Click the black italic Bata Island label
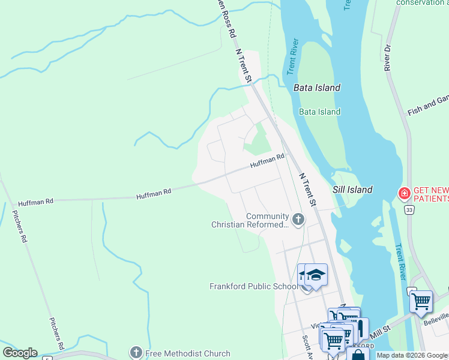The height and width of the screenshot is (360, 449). [317, 88]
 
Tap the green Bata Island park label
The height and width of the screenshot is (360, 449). [320, 112]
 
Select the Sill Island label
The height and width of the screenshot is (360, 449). [352, 190]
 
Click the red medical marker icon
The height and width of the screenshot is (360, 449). [404, 193]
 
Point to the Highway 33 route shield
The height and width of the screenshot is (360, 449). [409, 209]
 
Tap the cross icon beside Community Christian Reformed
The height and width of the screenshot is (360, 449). [298, 220]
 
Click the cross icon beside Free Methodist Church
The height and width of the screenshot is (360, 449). [136, 353]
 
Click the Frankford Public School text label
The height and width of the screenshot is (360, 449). [253, 286]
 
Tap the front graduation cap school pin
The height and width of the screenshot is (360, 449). [316, 275]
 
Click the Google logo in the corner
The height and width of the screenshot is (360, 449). [20, 353]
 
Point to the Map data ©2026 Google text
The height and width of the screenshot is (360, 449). [412, 355]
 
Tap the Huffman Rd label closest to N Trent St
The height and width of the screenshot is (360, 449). [267, 160]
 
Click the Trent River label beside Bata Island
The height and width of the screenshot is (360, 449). [292, 58]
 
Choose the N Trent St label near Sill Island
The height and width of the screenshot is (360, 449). [307, 190]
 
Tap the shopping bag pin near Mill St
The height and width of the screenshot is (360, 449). [358, 355]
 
